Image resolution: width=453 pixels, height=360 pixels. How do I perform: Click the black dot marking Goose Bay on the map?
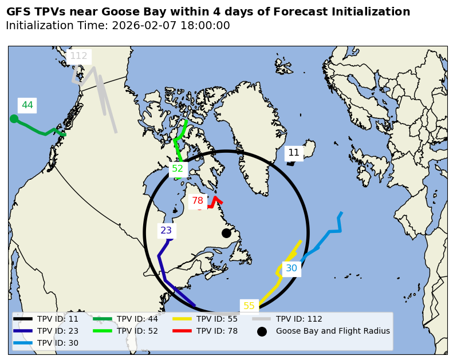click(x=226, y=233)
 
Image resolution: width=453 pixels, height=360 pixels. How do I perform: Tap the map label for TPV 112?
click(x=78, y=56)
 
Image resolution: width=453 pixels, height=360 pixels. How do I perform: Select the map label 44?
click(x=27, y=105)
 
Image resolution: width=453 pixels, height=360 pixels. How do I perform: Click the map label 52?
click(x=178, y=168)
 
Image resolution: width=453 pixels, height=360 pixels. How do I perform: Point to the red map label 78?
click(x=198, y=201)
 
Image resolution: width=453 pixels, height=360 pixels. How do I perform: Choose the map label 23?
click(x=166, y=231)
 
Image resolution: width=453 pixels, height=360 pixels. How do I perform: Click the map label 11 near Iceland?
click(x=294, y=153)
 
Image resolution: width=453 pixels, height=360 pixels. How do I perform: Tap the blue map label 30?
click(x=292, y=268)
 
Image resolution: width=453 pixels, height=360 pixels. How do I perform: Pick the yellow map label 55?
click(x=249, y=306)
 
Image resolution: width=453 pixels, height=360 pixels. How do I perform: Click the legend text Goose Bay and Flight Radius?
click(x=333, y=331)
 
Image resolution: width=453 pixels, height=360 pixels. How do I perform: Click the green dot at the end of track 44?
click(x=14, y=118)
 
